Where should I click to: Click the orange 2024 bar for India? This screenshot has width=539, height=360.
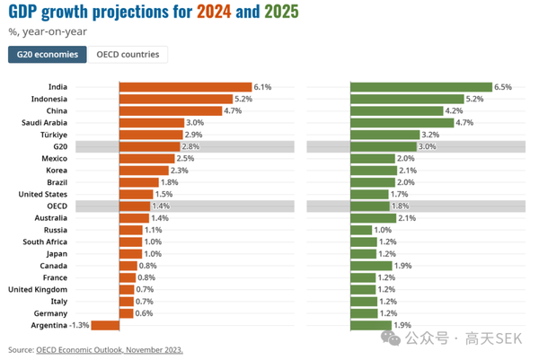186,87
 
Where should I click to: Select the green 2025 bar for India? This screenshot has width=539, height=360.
420,87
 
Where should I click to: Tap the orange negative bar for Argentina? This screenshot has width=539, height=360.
105,325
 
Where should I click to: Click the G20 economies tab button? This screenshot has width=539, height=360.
48,55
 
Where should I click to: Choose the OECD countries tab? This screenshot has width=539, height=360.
128,55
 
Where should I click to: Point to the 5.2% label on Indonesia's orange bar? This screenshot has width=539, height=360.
243,99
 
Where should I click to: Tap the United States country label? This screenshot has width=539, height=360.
44,194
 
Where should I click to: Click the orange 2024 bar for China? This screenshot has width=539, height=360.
170,110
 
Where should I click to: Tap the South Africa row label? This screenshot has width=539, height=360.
46,241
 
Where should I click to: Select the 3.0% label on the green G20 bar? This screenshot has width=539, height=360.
428,146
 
